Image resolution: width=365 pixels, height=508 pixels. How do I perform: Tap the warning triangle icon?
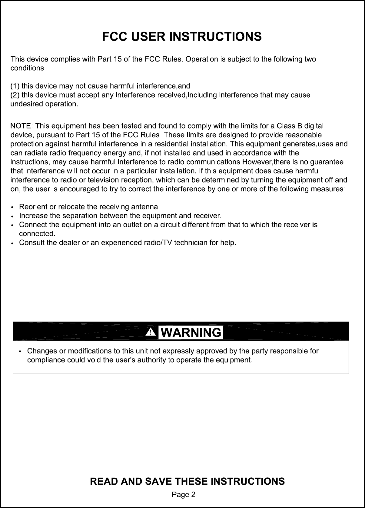click(151, 333)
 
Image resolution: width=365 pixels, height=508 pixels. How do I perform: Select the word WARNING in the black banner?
click(191, 333)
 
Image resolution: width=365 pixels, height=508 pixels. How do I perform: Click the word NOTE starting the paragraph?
click(22, 125)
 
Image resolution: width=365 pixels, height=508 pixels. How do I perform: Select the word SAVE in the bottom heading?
click(158, 481)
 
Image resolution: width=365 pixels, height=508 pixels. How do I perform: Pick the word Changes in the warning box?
click(42, 351)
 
